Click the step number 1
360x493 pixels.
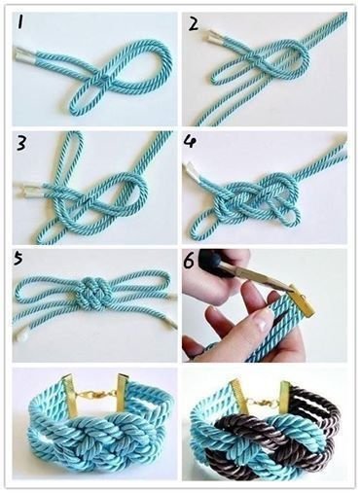pos(20,22)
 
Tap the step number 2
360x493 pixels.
pos(194,23)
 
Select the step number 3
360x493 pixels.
pos(21,143)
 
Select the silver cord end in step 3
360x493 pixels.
pos(28,191)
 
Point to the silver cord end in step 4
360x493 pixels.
pos(194,172)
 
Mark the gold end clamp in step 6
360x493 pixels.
pos(303,299)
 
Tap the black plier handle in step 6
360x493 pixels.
pos(215,261)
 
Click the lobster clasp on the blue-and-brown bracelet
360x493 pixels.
pos(263,401)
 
